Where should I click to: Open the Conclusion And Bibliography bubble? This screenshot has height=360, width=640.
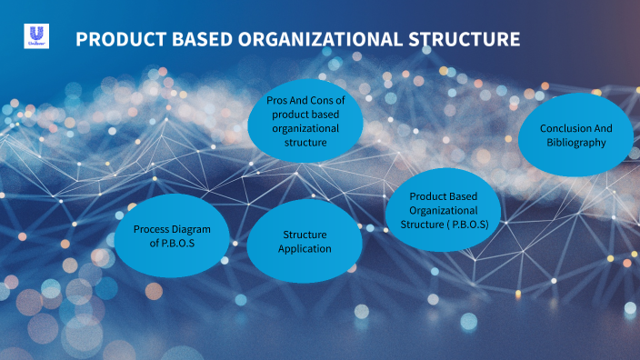tap(575, 135)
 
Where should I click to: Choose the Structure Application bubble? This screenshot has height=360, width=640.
tap(305, 242)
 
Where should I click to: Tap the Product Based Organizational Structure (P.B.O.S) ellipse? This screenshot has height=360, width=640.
tap(444, 210)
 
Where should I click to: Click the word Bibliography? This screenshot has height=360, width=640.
tap(575, 143)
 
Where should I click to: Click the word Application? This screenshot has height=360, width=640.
tap(305, 249)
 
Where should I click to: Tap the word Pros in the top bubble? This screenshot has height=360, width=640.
tap(277, 100)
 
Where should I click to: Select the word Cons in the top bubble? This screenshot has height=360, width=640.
tap(323, 100)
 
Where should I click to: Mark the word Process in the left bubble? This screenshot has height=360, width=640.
tap(151, 229)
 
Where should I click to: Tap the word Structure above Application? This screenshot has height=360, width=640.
tap(305, 235)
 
